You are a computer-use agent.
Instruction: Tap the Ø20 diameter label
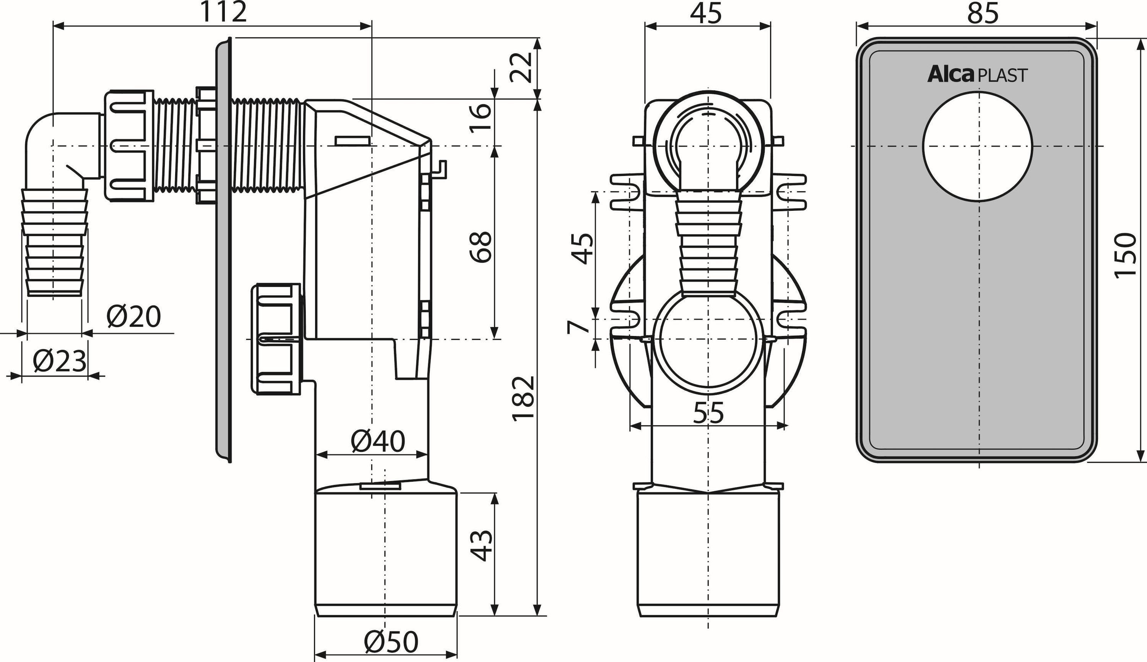tap(133, 316)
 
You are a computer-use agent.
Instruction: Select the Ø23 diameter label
tap(60, 362)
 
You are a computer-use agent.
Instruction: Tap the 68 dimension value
tap(481, 247)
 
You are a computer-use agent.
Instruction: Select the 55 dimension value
tap(708, 413)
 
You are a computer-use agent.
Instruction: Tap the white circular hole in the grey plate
tap(978, 146)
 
